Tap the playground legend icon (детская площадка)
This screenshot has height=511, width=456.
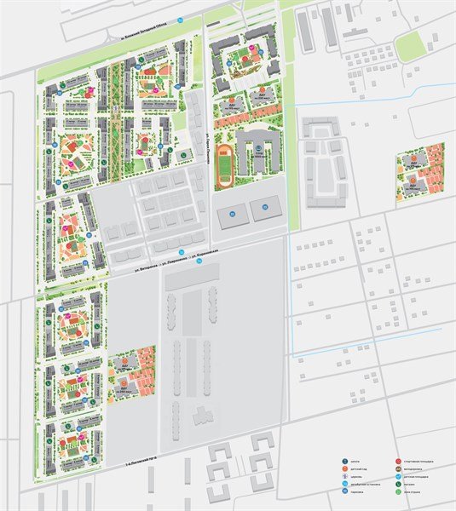[398, 477]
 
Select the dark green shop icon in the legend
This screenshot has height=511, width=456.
[398, 484]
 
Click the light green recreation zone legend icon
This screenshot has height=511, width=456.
[398, 491]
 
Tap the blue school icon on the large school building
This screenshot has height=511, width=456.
[257, 147]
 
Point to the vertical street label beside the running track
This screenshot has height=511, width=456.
[207, 141]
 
